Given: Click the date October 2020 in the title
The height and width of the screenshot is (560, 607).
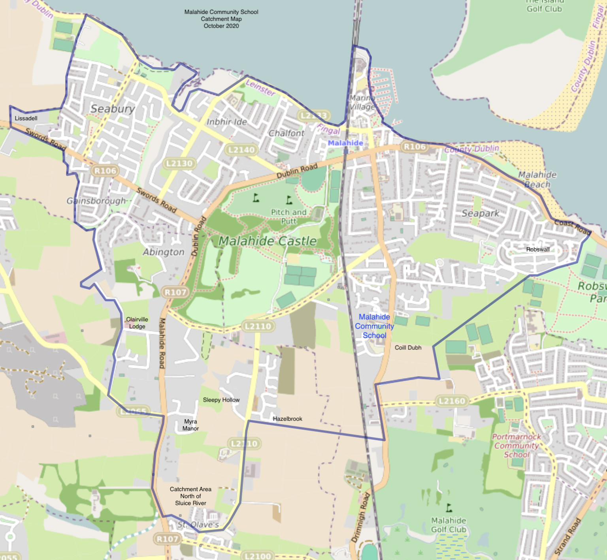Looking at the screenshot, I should [x=221, y=26].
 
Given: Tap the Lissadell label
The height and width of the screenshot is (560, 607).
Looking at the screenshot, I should [x=26, y=118].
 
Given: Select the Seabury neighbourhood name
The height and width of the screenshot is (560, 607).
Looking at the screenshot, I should [x=113, y=108].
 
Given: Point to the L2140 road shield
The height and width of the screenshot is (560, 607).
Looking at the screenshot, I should [x=241, y=150].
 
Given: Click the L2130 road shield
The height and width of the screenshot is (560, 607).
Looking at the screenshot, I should [x=179, y=163].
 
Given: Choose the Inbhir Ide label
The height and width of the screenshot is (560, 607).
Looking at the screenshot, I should [x=226, y=122].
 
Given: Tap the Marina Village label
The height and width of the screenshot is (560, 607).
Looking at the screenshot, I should [x=362, y=102].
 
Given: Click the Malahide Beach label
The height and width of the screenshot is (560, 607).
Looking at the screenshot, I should [x=537, y=179].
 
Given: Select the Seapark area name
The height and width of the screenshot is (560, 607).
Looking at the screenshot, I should [x=481, y=213].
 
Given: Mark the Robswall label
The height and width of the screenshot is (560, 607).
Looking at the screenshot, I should [x=538, y=249].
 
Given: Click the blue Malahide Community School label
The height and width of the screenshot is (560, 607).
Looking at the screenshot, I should [x=374, y=326].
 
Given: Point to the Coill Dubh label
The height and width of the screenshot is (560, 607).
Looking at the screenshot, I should [x=408, y=347].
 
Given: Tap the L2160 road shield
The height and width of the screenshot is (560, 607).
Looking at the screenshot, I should [x=452, y=401].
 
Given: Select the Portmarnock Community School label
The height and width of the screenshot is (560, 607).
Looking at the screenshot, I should [x=517, y=446].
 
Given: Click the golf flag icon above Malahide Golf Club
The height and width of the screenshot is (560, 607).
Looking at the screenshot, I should [x=449, y=507].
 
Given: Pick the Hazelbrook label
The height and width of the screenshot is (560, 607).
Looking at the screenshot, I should [x=287, y=419].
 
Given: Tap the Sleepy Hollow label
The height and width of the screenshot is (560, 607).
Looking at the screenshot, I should [x=221, y=400].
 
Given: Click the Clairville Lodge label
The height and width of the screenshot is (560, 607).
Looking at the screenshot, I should [x=137, y=323].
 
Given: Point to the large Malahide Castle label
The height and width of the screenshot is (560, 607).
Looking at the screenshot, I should [x=268, y=241].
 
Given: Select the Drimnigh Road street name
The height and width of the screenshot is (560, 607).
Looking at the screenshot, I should [x=360, y=517].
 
